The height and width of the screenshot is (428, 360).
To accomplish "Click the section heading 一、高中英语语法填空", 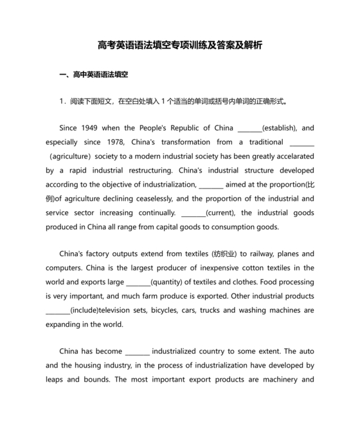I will click(93, 75).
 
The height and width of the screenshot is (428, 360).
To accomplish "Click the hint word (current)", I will click(221, 213).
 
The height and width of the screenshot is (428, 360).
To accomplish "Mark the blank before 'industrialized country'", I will click(137, 352).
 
